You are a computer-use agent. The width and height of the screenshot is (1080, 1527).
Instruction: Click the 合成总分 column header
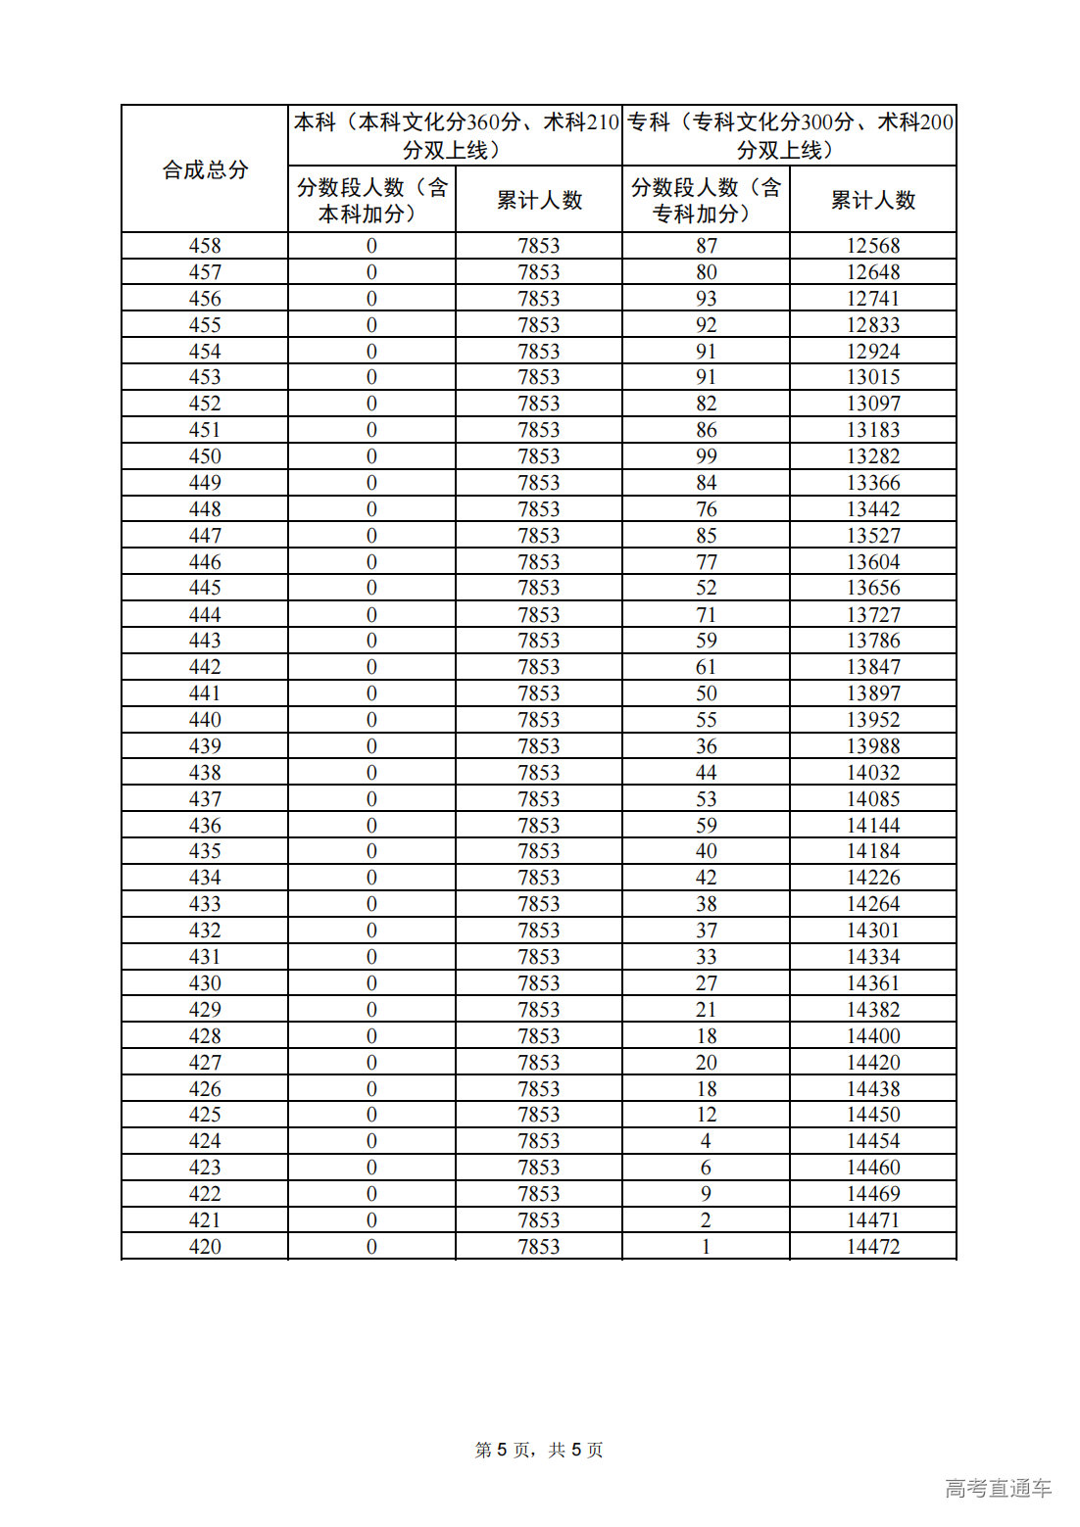click(205, 169)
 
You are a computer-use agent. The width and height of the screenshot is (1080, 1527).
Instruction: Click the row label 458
click(205, 246)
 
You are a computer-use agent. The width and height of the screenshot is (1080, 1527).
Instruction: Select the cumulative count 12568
click(872, 246)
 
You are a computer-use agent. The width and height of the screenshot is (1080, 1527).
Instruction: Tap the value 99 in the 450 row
click(706, 456)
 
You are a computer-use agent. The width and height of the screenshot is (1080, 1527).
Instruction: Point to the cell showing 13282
click(872, 456)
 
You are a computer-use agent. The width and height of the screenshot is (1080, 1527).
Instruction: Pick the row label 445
click(205, 588)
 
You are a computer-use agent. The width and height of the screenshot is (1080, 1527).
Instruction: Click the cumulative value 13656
click(872, 588)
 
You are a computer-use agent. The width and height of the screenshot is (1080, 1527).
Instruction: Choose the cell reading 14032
click(872, 773)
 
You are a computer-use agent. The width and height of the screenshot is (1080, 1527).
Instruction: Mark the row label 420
click(205, 1247)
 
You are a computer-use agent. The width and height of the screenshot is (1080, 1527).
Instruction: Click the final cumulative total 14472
click(872, 1247)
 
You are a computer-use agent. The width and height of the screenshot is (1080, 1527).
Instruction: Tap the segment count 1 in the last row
click(706, 1247)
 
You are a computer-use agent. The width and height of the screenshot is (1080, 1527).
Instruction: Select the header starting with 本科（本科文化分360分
click(456, 136)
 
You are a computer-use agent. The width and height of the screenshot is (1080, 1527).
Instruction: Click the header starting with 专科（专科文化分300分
click(789, 136)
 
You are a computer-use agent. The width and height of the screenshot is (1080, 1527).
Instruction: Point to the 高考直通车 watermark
click(998, 1488)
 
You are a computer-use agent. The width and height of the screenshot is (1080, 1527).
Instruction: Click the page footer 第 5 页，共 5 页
click(539, 1450)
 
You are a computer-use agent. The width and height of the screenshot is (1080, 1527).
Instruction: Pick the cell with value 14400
click(872, 1036)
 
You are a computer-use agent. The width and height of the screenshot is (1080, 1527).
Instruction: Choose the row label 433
click(205, 904)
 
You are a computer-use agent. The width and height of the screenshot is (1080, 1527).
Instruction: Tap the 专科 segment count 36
click(706, 746)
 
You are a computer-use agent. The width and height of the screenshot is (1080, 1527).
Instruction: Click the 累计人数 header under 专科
click(872, 200)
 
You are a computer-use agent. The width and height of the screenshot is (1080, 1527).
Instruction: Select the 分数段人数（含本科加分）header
click(371, 200)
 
